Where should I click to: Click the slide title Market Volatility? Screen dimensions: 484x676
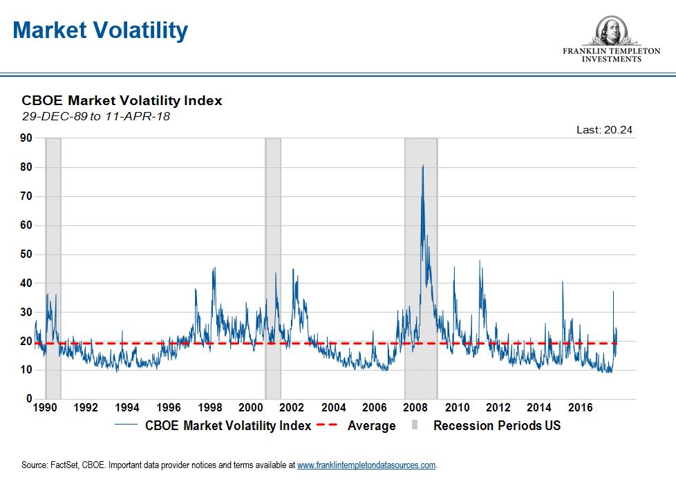tap(100, 31)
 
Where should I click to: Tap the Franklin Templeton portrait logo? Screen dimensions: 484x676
tap(610, 31)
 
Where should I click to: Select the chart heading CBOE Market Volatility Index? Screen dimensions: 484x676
tap(122, 100)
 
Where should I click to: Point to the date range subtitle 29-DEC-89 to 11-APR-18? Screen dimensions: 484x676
tap(95, 116)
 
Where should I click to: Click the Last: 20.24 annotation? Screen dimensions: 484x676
tap(605, 129)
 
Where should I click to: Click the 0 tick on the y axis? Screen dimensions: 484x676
tap(28, 399)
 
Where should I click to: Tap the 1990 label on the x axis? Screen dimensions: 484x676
tap(45, 408)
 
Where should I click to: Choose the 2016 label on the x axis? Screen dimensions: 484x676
tap(581, 408)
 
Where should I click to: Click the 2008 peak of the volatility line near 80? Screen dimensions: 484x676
tap(422, 167)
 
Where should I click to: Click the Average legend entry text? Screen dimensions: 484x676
tap(371, 426)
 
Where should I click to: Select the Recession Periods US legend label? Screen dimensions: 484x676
tap(497, 426)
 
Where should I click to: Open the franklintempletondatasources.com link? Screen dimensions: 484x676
tap(366, 465)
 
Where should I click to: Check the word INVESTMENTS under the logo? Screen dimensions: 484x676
tap(610, 59)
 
